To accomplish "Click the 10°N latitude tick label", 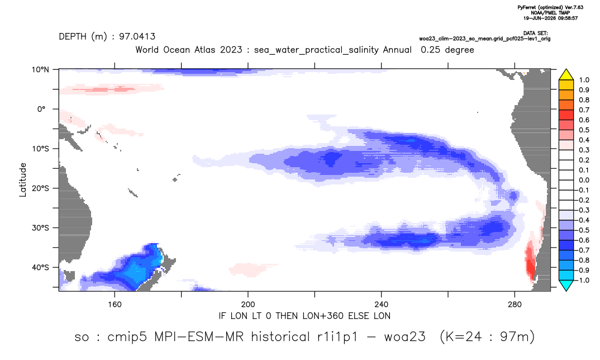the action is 40,70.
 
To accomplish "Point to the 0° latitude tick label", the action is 41,109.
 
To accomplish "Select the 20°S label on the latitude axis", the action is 40,188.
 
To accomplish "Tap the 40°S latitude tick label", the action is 40,267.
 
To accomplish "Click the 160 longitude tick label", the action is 115,305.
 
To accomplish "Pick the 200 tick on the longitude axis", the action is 248,305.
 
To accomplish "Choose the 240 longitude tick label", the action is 382,305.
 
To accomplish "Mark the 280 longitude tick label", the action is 515,305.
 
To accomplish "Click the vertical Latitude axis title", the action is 22,180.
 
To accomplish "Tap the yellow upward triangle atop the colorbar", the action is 566,75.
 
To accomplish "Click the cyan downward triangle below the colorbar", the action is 566,286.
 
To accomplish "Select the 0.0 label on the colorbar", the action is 584,181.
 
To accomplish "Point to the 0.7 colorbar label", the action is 584,110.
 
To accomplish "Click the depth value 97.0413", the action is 137,37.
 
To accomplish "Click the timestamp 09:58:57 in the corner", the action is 566,18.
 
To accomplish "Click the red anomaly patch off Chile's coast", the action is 531,260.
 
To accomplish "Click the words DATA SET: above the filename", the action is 535,34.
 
